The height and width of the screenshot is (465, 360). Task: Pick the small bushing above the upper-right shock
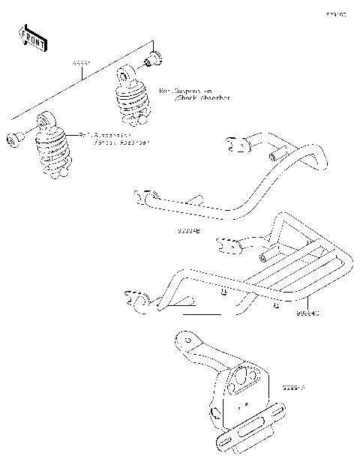[154, 56]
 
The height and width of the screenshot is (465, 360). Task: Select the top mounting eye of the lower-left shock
[47, 121]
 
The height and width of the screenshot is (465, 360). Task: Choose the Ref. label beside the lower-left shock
[113, 138]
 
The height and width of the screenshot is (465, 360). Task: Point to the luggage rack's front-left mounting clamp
[139, 298]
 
